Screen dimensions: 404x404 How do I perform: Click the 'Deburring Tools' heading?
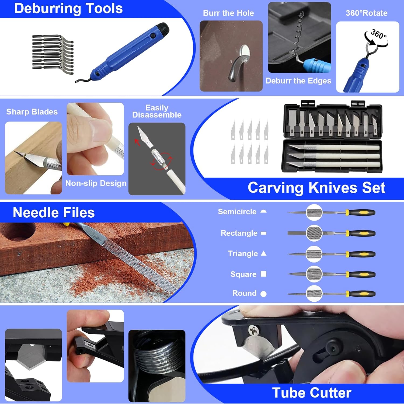(68, 9)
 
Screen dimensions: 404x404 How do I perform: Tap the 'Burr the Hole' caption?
(228, 13)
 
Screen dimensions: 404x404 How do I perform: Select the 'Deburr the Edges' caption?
(298, 81)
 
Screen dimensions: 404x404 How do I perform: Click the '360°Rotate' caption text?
(367, 13)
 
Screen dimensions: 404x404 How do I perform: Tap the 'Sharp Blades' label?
(32, 112)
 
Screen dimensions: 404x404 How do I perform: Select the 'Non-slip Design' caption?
(96, 183)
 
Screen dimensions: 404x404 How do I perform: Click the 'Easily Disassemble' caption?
(157, 111)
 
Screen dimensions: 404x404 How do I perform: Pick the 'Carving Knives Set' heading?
(316, 188)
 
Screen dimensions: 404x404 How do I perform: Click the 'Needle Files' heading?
(54, 213)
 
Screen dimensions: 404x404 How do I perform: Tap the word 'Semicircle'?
(237, 212)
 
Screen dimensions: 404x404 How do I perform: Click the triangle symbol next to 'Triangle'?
(264, 253)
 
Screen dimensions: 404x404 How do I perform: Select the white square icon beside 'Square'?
(264, 274)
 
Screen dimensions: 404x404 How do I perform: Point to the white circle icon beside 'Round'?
(264, 294)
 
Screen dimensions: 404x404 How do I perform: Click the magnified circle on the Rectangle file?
(314, 233)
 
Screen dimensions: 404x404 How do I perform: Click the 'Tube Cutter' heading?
(312, 393)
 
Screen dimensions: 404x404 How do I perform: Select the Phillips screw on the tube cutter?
(253, 330)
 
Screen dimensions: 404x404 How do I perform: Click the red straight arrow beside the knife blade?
(137, 142)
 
